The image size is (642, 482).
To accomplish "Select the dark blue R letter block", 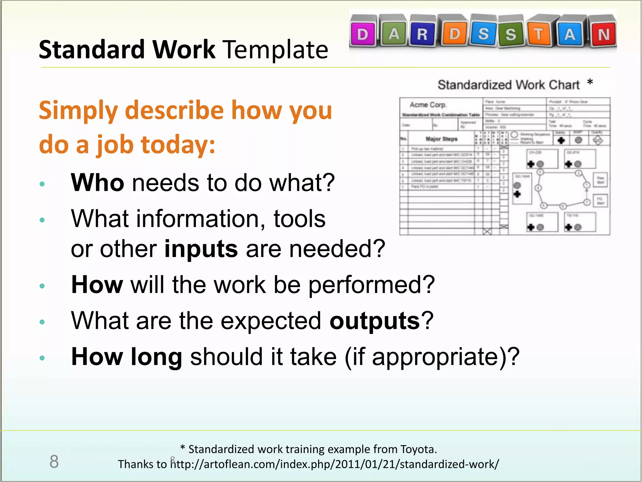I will [x=422, y=34].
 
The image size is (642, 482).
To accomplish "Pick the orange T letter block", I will [x=539, y=34].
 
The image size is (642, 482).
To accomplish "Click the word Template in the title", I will [x=276, y=50].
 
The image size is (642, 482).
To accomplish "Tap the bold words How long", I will [x=127, y=357].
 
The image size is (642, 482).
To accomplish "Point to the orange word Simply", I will [x=78, y=110].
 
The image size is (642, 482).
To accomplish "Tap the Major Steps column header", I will [x=441, y=139].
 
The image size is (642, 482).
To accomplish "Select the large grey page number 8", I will [x=54, y=462].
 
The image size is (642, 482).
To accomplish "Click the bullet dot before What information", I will [x=42, y=220].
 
